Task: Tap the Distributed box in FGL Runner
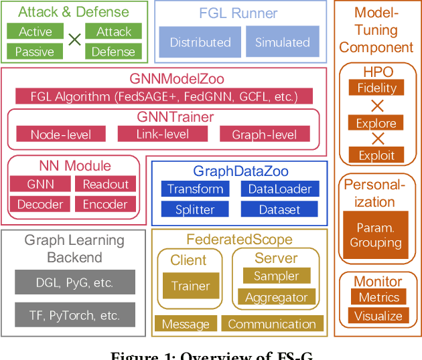(200, 41)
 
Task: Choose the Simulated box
(283, 41)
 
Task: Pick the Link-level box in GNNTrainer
(163, 134)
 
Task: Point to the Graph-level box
(265, 134)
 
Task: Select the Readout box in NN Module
(105, 184)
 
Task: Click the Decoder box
(40, 204)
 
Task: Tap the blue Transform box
(195, 189)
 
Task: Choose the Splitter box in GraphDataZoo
(195, 209)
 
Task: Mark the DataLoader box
(280, 189)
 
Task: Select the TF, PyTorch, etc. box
(74, 314)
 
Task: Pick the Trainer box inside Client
(190, 286)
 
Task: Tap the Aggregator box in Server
(276, 297)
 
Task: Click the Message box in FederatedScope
(186, 325)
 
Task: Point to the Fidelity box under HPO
(376, 88)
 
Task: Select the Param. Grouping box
(376, 235)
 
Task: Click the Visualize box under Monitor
(378, 316)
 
